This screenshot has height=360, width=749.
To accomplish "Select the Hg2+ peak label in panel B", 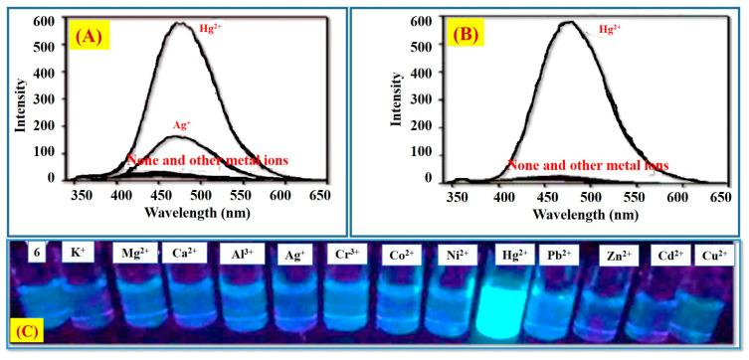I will point(610,31).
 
